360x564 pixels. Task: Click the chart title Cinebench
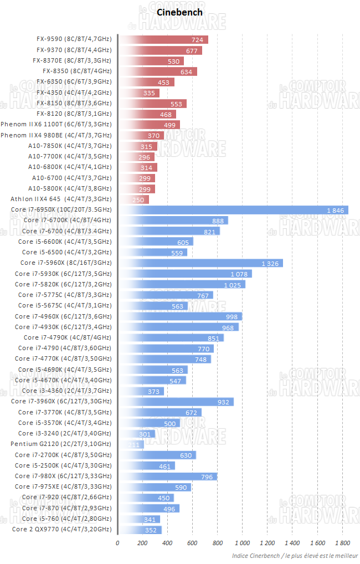pyautogui.click(x=172, y=12)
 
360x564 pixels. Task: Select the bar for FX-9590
pyautogui.click(x=163, y=39)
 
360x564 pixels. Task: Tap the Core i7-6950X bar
pyautogui.click(x=233, y=210)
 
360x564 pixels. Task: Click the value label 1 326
pyautogui.click(x=271, y=263)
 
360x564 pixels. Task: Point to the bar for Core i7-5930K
pyautogui.click(x=185, y=274)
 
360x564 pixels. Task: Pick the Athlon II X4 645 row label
pyautogui.click(x=61, y=199)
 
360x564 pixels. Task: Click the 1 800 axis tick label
pyautogui.click(x=342, y=542)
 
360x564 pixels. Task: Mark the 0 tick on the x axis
pyautogui.click(x=117, y=542)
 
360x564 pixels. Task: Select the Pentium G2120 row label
pyautogui.click(x=61, y=444)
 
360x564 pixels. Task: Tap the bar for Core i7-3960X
pyautogui.click(x=176, y=402)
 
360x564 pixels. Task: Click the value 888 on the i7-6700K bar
pyautogui.click(x=218, y=221)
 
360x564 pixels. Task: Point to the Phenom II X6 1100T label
pyautogui.click(x=56, y=125)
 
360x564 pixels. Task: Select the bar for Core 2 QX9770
pyautogui.click(x=140, y=530)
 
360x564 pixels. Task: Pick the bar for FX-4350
pyautogui.click(x=138, y=93)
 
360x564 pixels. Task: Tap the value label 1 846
pyautogui.click(x=336, y=210)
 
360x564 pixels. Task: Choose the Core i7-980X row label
pyautogui.click(x=63, y=476)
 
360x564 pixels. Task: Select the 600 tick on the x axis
pyautogui.click(x=192, y=542)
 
